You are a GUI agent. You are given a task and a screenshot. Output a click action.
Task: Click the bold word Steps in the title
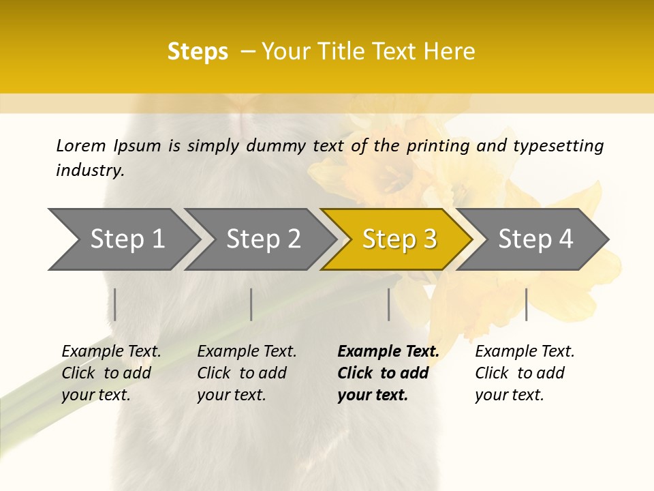198,52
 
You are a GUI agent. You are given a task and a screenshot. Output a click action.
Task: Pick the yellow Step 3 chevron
397,239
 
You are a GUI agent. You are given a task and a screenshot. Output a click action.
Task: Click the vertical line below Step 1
115,304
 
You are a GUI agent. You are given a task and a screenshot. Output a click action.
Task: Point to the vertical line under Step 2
251,304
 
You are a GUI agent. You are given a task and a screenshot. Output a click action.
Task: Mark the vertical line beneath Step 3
388,304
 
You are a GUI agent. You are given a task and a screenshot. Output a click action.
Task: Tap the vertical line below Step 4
526,304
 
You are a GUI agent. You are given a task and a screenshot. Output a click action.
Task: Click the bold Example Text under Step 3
388,352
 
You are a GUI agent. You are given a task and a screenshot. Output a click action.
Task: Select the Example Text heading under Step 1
111,352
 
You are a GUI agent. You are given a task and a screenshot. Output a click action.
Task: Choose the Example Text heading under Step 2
247,352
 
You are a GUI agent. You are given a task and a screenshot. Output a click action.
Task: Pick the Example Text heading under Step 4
525,352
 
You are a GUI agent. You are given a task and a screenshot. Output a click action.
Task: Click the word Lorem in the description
81,146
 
